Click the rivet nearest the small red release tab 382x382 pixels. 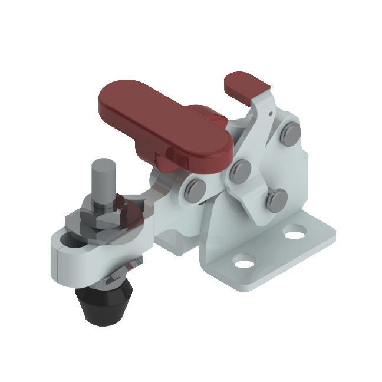[x=288, y=135]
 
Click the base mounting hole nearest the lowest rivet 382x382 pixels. [x=293, y=233]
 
